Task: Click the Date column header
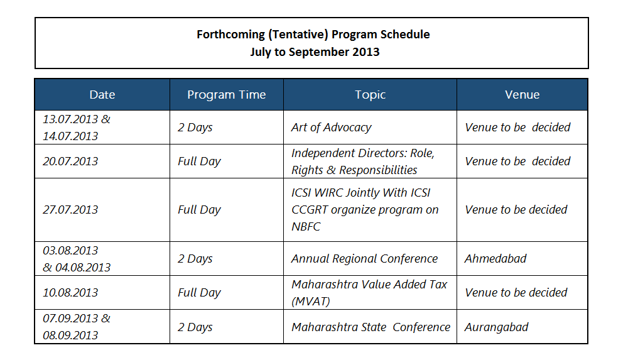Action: pos(102,94)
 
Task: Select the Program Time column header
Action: pos(227,94)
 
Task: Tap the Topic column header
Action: pos(371,95)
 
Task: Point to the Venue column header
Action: pos(522,94)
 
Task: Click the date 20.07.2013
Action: pos(70,161)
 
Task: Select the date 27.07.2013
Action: pos(70,210)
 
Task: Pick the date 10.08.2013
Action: pos(70,293)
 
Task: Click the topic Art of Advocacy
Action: pos(331,128)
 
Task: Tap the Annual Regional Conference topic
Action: pos(364,259)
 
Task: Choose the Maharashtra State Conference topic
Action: pos(371,327)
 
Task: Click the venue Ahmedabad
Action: pos(495,259)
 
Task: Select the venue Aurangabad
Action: pos(496,327)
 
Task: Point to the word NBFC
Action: pos(306,227)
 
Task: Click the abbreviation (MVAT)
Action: pos(310,302)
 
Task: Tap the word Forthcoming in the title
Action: pos(230,35)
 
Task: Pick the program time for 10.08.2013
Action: pos(199,293)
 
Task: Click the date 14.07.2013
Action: pos(70,136)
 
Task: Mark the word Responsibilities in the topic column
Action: pos(378,170)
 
